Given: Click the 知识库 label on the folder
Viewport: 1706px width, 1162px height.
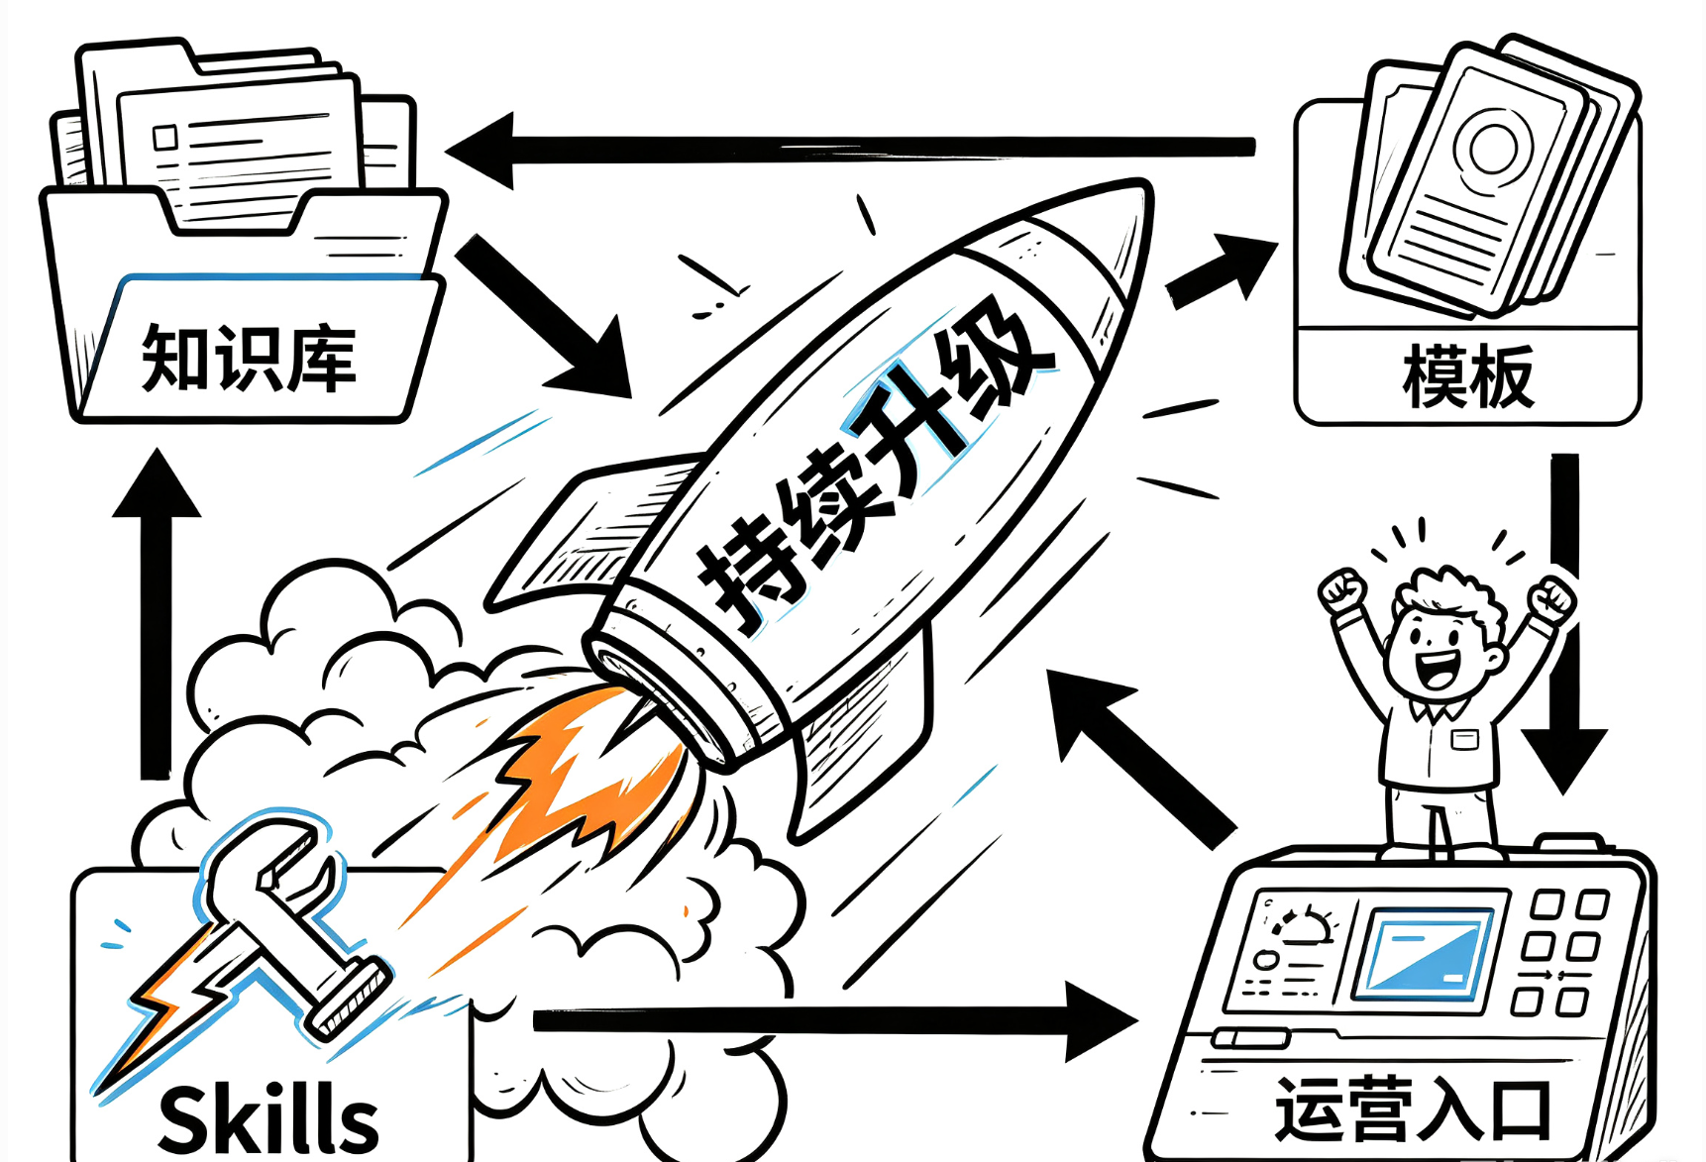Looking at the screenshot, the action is (249, 358).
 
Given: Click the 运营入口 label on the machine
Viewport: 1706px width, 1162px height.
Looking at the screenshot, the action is (1414, 1109).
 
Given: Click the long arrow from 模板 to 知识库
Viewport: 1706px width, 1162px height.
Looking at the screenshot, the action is (850, 150).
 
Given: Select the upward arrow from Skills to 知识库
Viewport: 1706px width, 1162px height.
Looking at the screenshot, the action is (157, 613).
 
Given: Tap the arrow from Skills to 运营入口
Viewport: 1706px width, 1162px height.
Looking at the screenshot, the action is (835, 1020).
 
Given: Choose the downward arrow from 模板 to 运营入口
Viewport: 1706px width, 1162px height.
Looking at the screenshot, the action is (1564, 624).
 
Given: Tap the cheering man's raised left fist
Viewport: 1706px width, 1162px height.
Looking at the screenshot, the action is (1343, 592).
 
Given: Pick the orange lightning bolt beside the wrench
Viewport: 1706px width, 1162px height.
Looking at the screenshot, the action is (173, 1001).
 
